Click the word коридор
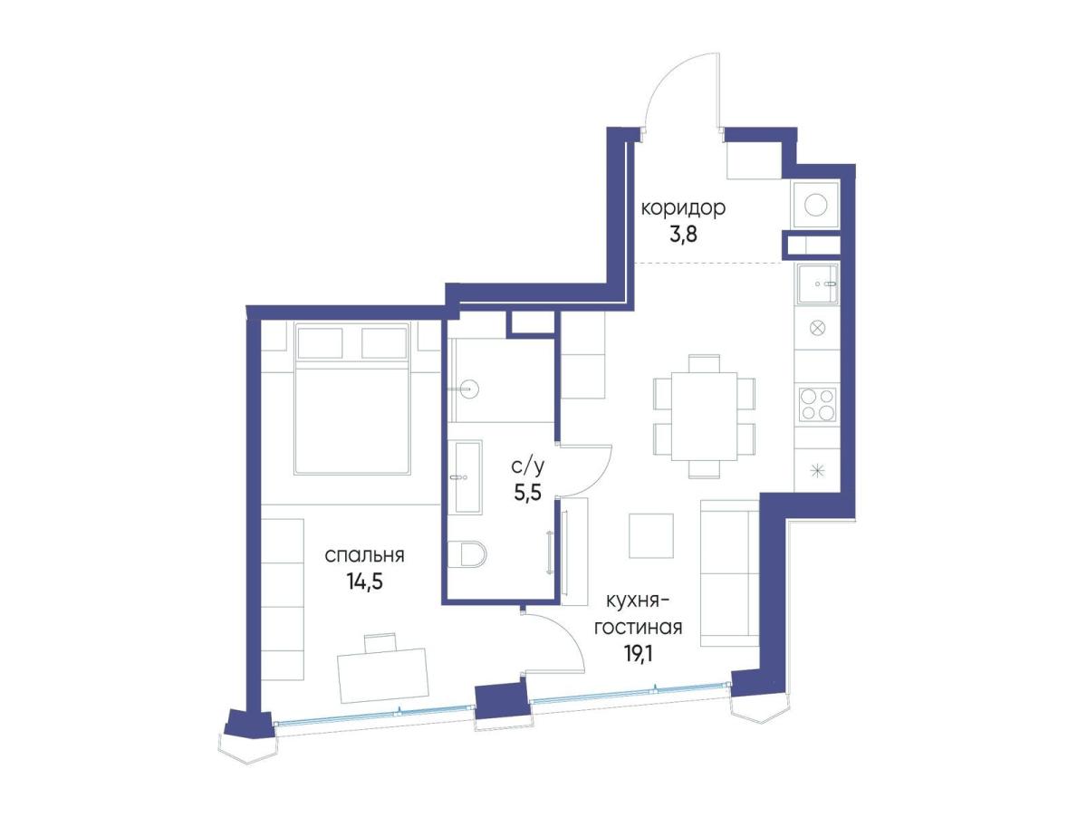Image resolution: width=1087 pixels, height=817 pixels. (x=683, y=209)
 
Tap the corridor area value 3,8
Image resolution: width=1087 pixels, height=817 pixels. (x=683, y=235)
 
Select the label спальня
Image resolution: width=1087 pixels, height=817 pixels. (x=364, y=556)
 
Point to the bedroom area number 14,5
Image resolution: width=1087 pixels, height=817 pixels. (x=365, y=582)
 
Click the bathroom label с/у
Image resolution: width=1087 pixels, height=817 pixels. (x=527, y=466)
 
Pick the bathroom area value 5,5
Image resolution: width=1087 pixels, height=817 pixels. (x=527, y=493)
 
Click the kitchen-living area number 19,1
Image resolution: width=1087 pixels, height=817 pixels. (x=639, y=654)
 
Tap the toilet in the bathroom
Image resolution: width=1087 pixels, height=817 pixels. (x=467, y=553)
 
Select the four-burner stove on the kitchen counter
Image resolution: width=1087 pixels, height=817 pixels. (x=818, y=405)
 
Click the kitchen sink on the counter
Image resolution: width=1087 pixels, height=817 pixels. (x=817, y=284)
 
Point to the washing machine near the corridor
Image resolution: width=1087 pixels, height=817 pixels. (x=816, y=205)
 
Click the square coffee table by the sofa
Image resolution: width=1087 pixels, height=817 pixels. (x=650, y=535)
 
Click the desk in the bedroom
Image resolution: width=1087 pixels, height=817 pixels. (x=382, y=676)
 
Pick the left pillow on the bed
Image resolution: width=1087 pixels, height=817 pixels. (x=320, y=342)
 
